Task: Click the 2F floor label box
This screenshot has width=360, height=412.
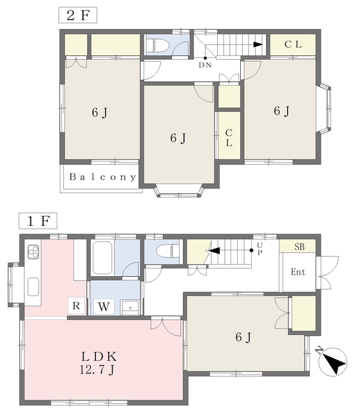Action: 77,15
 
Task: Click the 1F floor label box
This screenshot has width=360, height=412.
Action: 38,221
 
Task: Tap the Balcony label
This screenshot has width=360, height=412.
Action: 103,177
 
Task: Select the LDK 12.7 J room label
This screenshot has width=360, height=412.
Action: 98,363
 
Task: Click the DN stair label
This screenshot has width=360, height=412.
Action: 205,65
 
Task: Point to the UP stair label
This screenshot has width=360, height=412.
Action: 260,248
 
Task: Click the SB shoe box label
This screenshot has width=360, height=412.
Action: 299,247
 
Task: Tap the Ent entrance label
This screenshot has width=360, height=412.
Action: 298,272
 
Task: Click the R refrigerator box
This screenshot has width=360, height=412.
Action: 76,306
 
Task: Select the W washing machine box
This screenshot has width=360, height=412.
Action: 104,306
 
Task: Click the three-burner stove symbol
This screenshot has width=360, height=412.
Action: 33,252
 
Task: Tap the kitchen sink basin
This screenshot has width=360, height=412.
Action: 33,286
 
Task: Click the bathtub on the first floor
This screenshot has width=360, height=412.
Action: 102,258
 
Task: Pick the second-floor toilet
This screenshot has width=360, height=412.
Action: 158,44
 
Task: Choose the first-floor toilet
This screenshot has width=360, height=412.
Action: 167,250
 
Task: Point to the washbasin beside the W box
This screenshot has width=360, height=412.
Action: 130,308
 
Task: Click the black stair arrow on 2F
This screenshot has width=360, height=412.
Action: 258,44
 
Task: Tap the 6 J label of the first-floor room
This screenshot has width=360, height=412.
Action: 243,337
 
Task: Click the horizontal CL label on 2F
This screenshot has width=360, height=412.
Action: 293,44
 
